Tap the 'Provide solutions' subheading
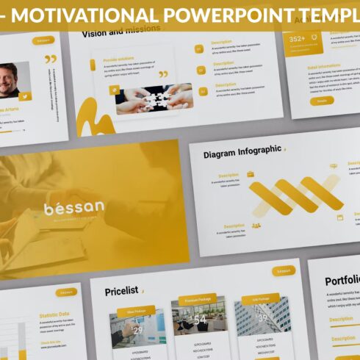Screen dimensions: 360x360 [120, 59]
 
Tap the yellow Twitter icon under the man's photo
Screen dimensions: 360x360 [24, 96]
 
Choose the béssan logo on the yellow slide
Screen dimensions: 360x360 [73, 208]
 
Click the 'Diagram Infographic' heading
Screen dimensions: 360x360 [242, 151]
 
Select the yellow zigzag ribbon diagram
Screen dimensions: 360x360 [295, 196]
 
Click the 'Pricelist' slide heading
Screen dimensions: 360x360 [121, 292]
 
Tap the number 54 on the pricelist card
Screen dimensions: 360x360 [199, 319]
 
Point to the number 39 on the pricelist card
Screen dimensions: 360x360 [262, 317]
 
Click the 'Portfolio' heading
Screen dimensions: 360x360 [342, 280]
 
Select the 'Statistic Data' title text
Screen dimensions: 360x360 [54, 315]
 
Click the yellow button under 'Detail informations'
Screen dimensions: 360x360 [321, 101]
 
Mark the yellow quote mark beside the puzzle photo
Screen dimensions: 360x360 [163, 74]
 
